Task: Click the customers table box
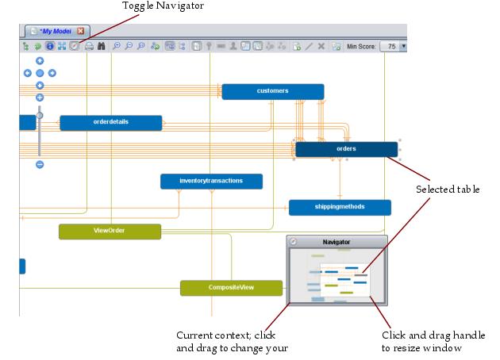pyautogui.click(x=272, y=91)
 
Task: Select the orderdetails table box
pyautogui.click(x=110, y=123)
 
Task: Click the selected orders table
pyautogui.click(x=346, y=149)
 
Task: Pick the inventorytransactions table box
pyautogui.click(x=211, y=182)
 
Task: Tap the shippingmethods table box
pyautogui.click(x=340, y=207)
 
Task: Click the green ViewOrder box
pyautogui.click(x=110, y=231)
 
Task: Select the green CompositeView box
pyautogui.click(x=231, y=287)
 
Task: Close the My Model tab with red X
pyautogui.click(x=81, y=31)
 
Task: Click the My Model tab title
pyautogui.click(x=56, y=31)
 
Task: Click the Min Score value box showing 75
pyautogui.click(x=390, y=47)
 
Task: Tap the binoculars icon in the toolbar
pyautogui.click(x=102, y=47)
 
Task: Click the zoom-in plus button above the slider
pyautogui.click(x=40, y=98)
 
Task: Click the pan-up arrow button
pyautogui.click(x=40, y=61)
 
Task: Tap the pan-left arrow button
pyautogui.click(x=28, y=73)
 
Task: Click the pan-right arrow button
pyautogui.click(x=52, y=73)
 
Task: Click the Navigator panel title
pyautogui.click(x=336, y=242)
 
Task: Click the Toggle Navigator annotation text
pyautogui.click(x=163, y=6)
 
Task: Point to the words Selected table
pyautogui.click(x=448, y=189)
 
